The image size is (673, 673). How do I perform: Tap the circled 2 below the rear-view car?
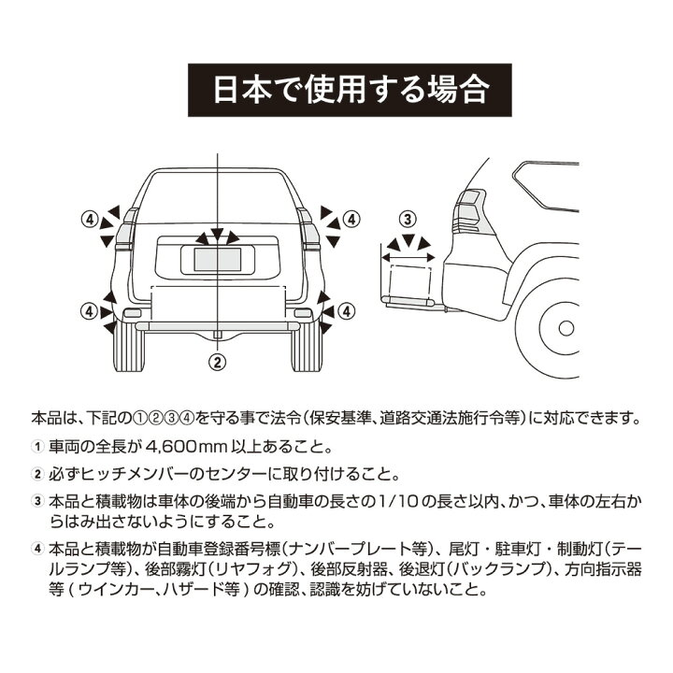pos(217,360)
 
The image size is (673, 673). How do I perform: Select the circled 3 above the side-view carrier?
pos(407,220)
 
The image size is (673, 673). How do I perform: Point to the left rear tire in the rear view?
pos(131,351)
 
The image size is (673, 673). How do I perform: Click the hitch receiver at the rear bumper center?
pos(217,331)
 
